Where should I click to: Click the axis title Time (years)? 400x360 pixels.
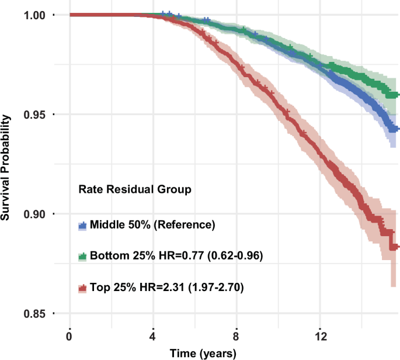[x=203, y=353]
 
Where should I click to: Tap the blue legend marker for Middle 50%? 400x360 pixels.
[x=82, y=225]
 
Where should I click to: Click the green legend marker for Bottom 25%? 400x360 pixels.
[x=82, y=256]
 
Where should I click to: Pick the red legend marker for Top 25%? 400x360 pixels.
[x=82, y=288]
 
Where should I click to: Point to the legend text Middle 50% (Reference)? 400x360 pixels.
[x=153, y=225]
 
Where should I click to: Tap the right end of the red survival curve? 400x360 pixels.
[x=397, y=247]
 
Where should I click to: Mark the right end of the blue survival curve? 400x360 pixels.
[x=397, y=129]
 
